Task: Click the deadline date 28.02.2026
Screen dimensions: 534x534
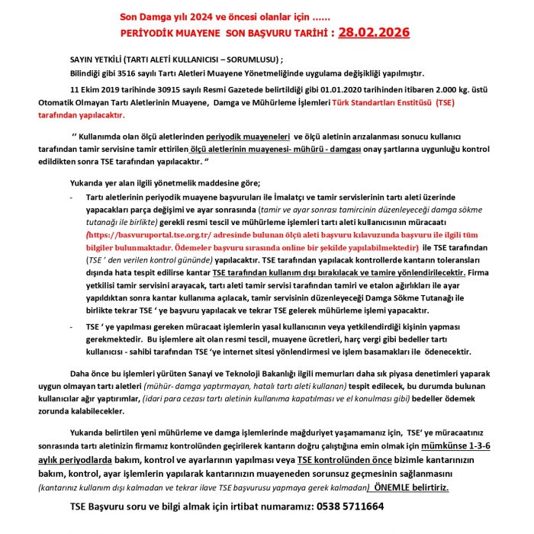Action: pos(375,33)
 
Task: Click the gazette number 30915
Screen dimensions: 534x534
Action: pos(178,89)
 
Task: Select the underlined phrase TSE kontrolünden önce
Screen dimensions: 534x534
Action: pos(344,461)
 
